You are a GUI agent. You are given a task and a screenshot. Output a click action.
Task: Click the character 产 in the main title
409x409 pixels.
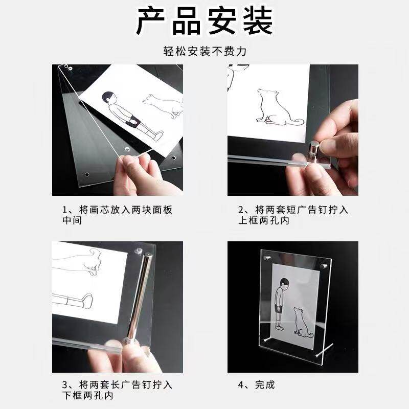point(151,21)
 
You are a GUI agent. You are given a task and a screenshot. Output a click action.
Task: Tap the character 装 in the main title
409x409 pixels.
point(258,21)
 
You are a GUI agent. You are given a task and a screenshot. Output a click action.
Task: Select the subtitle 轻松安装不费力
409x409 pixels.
point(205,51)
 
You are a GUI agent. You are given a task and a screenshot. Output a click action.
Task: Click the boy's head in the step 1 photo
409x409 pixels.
point(109,98)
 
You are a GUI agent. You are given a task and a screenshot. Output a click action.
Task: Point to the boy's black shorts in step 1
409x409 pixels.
point(134,121)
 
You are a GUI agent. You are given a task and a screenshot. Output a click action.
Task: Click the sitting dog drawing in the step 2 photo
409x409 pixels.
point(279,107)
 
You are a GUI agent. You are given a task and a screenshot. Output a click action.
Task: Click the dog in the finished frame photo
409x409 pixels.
point(303,323)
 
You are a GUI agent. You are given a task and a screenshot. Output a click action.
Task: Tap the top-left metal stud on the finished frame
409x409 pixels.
point(267,258)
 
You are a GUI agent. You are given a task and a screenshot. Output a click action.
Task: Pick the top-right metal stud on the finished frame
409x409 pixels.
point(324,266)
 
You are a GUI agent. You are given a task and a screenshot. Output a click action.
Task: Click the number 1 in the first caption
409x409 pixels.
point(65,210)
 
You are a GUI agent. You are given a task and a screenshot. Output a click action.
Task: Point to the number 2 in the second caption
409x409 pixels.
point(241,210)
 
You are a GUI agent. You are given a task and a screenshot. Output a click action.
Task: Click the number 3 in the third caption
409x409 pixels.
point(65,385)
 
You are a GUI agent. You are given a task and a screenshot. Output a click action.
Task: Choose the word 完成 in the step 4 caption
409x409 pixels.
point(265,385)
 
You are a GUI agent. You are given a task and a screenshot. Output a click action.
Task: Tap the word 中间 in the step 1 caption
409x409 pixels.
point(72,220)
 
